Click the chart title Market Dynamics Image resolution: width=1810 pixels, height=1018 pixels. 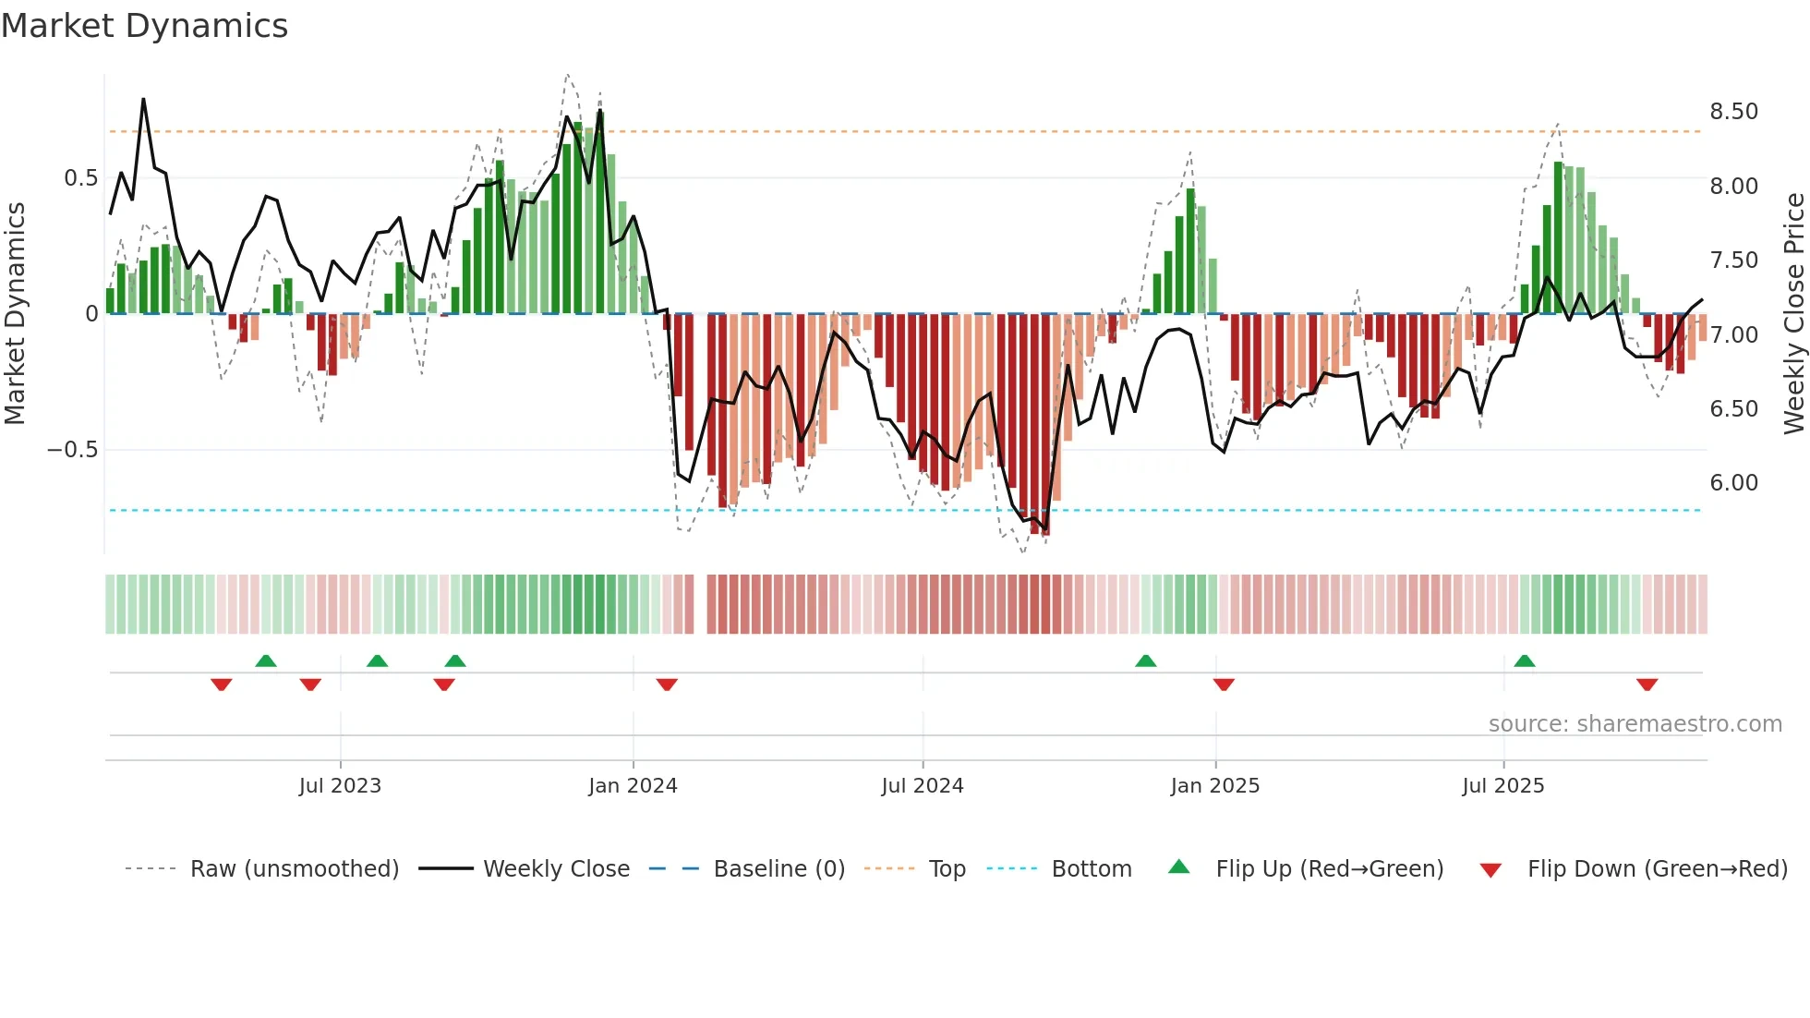coord(145,26)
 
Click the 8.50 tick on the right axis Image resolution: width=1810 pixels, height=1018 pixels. coord(1733,112)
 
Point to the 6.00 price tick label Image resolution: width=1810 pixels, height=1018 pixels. coord(1733,483)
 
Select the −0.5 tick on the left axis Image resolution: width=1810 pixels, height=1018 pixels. coord(72,450)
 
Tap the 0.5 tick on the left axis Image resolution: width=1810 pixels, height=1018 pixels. coord(80,178)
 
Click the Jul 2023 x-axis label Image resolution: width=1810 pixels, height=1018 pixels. coord(340,786)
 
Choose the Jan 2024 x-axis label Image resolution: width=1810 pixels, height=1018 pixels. coord(633,786)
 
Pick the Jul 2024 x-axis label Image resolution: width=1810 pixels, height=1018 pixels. coord(922,786)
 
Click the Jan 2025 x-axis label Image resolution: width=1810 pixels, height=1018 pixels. coord(1214,786)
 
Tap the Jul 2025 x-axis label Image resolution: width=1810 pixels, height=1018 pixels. coord(1502,786)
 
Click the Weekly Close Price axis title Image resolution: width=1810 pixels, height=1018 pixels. coord(1793,313)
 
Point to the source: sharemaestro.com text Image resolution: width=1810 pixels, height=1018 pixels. coord(1635,724)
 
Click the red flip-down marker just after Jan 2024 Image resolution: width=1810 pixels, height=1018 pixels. coord(667,685)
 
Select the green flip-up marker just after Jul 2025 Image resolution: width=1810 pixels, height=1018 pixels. coord(1525,661)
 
